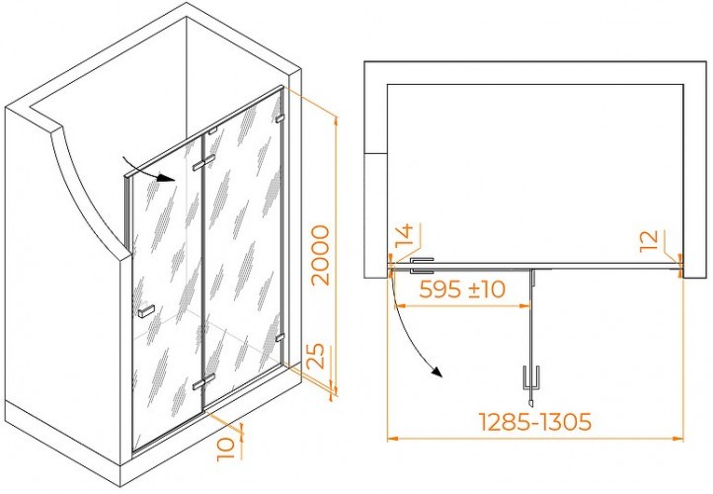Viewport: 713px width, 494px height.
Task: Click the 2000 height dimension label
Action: pos(321,255)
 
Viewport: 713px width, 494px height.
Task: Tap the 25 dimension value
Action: pos(315,356)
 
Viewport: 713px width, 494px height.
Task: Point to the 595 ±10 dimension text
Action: pos(462,288)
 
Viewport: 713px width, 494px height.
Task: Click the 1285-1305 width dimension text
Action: pos(535,422)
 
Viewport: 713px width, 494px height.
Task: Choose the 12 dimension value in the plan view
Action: pos(650,241)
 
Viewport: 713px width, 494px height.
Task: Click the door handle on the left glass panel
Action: pos(145,310)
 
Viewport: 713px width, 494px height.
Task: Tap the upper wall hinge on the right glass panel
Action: pos(279,119)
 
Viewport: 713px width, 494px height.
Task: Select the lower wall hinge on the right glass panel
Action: pos(279,338)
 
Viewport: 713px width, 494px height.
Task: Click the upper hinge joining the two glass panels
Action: pos(203,163)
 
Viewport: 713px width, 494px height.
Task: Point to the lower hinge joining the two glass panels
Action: pos(203,382)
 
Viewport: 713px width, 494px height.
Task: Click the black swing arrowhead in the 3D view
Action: pos(166,178)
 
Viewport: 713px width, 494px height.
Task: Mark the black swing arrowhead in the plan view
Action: pos(437,371)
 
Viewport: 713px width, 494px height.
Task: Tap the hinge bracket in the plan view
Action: pos(422,266)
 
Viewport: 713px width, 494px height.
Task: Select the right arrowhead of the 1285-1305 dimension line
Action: pos(678,439)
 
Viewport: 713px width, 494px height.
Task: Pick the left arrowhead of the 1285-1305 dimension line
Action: pos(393,439)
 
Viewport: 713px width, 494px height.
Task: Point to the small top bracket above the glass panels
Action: pos(212,132)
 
